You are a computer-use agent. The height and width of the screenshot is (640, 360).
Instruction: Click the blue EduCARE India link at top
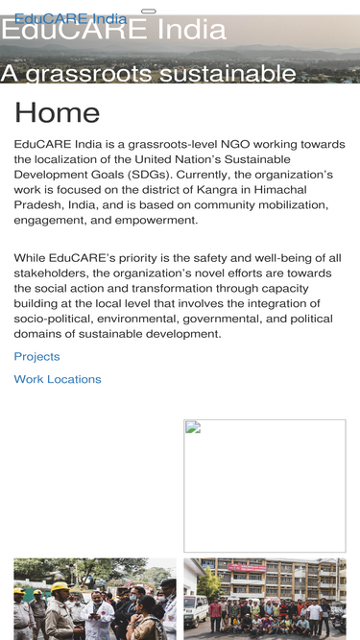(70, 18)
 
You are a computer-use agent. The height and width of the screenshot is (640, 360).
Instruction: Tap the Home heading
(57, 113)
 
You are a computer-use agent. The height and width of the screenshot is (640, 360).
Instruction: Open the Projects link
(36, 357)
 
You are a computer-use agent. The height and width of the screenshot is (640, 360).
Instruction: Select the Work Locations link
(58, 380)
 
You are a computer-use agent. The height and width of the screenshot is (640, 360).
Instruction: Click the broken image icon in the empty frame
(192, 428)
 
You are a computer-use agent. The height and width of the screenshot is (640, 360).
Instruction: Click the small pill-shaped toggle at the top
(149, 11)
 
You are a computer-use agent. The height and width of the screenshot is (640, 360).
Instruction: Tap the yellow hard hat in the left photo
(60, 586)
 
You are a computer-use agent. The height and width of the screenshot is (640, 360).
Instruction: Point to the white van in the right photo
(195, 609)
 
